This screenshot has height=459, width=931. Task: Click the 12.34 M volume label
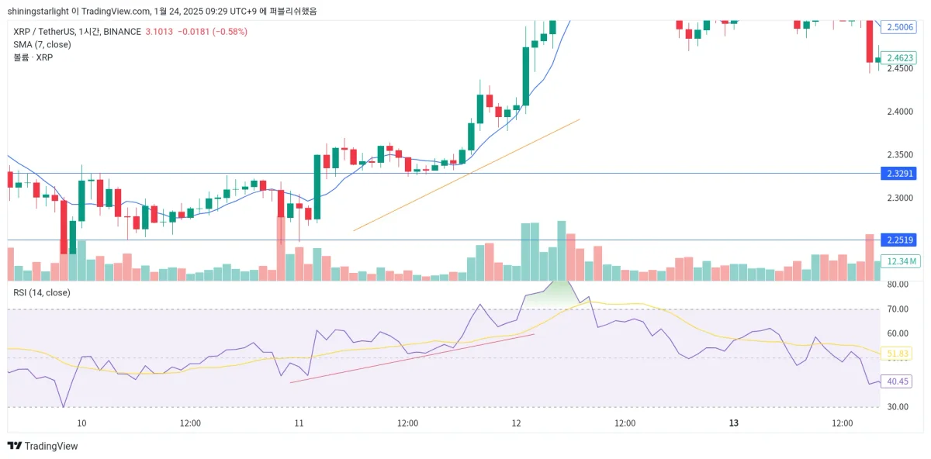coord(900,261)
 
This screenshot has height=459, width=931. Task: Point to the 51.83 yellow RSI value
coord(898,354)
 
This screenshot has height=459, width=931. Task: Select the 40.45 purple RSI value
coord(898,381)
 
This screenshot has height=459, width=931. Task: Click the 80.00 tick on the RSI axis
coord(898,285)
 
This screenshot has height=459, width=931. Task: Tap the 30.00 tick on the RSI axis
coord(898,406)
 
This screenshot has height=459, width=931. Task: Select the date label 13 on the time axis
coord(733,423)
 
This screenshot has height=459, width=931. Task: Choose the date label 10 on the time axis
coord(81,423)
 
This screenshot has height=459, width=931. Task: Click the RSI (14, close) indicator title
coord(42,292)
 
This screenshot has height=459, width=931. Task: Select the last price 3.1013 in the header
coord(159,32)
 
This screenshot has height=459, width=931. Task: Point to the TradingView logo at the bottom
coord(43,446)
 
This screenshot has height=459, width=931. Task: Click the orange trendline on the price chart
coord(465,175)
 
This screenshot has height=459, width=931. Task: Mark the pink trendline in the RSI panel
coord(411,358)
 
